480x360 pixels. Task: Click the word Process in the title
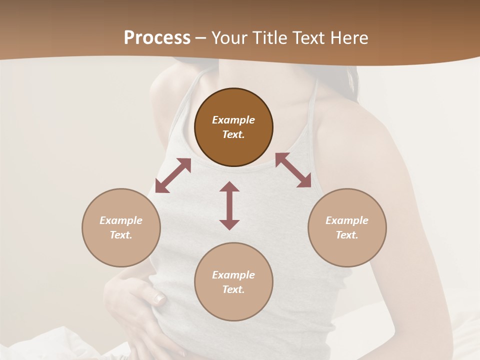pos(157,38)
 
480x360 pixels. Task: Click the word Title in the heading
pos(268,38)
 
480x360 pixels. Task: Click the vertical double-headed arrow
pos(229,205)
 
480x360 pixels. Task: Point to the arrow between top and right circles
pos(293,170)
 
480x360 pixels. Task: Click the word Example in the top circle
pos(233,120)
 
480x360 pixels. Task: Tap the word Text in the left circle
pos(121,235)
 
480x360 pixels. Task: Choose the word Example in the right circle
pos(347,220)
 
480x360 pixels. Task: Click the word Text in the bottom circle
pos(233,289)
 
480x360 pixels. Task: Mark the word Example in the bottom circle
pos(233,275)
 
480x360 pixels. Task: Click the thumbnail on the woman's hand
pos(159,299)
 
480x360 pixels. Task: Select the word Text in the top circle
pos(233,134)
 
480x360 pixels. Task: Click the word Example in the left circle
pos(121,220)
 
